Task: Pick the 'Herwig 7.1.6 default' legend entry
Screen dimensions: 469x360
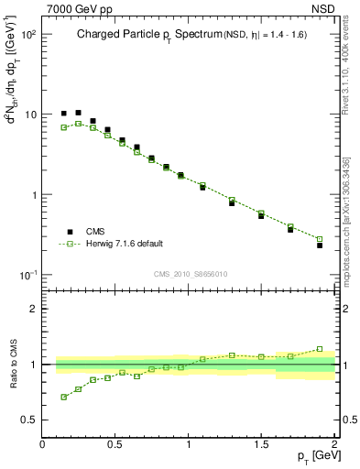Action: [x=124, y=244]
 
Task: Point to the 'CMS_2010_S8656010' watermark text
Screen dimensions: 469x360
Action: [x=190, y=273]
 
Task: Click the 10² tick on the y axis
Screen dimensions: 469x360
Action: [x=27, y=34]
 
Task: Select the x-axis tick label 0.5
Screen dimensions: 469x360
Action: [x=115, y=445]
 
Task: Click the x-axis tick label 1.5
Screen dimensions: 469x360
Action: [x=262, y=445]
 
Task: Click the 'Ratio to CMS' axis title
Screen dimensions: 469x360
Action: [x=12, y=366]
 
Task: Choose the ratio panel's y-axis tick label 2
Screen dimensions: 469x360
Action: [x=33, y=309]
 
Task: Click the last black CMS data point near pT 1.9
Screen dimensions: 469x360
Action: [x=320, y=245]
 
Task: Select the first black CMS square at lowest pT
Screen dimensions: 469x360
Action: [x=63, y=114]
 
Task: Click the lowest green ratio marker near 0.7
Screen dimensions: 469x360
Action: [x=63, y=397]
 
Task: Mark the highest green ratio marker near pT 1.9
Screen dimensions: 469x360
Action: [x=320, y=349]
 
